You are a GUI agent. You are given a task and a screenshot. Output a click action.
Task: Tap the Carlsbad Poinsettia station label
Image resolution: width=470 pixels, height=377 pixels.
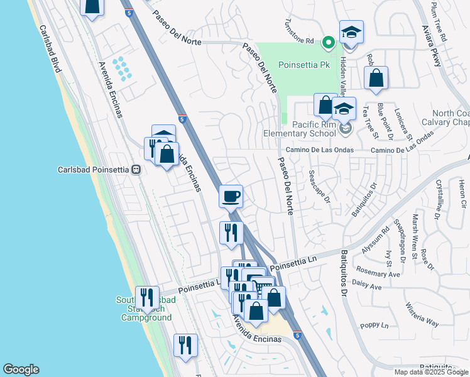coord(93,170)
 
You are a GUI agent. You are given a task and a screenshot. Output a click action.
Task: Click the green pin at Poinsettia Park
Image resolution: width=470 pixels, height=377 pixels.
coord(327,43)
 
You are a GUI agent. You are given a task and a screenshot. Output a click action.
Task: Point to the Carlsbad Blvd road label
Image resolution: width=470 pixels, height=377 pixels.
coord(48,48)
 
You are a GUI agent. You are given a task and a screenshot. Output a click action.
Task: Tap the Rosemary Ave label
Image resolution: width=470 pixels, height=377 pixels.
coord(378,274)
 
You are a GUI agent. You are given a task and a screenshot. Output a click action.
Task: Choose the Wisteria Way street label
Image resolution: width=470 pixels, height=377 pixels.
coord(422,314)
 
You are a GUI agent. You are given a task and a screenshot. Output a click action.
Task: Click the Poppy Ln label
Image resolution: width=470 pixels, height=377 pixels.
coord(375,325)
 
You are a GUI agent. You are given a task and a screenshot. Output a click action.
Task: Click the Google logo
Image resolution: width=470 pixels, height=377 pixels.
coord(21,369)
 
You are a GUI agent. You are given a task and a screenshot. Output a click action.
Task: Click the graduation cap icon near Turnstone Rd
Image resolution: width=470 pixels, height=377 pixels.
coord(351,33)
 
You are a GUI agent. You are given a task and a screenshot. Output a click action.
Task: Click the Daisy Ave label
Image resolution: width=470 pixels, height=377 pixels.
coord(367,287)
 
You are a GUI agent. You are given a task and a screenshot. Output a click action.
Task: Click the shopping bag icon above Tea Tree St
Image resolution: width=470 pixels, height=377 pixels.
coord(376,79)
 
